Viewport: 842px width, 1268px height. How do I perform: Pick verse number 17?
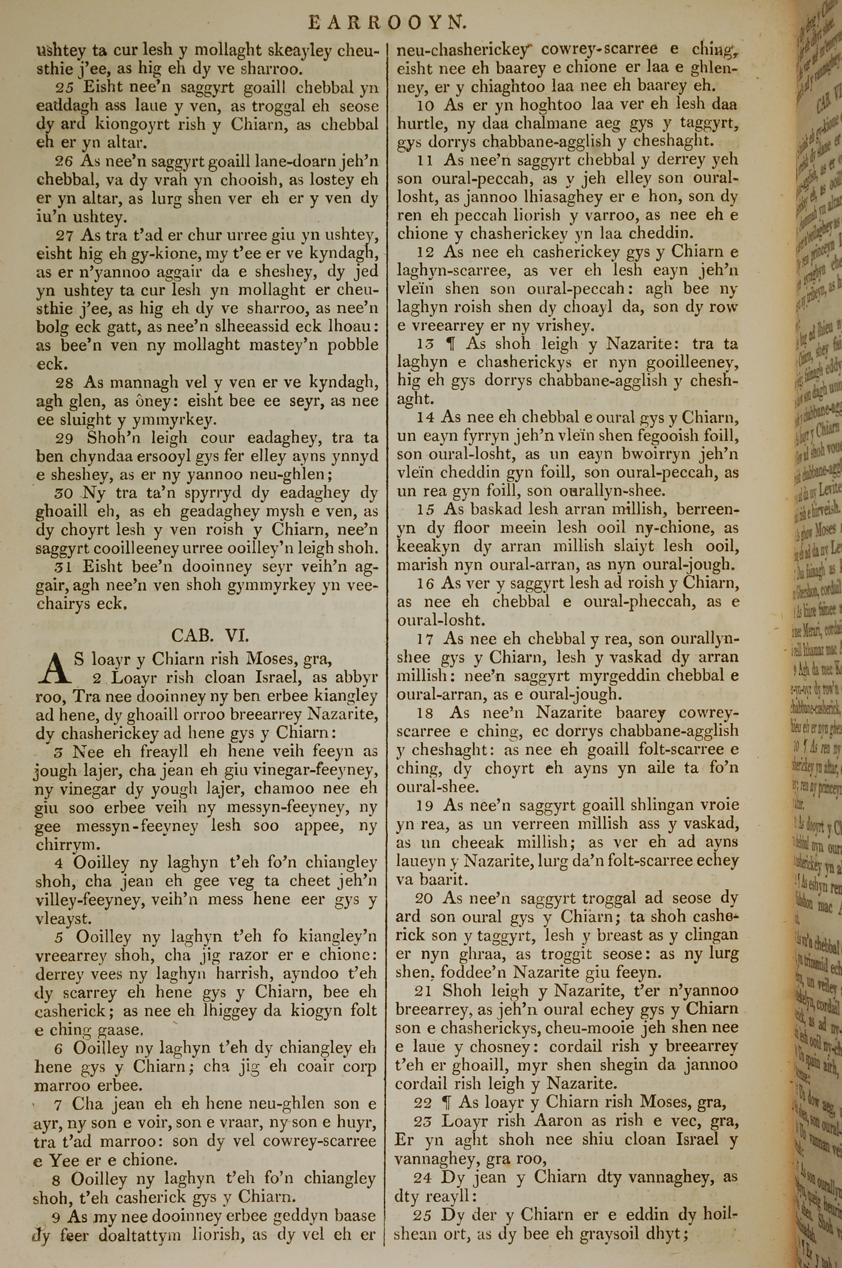425,639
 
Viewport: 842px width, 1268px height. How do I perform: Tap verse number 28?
64,382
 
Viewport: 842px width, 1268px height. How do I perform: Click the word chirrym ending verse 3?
60,844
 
